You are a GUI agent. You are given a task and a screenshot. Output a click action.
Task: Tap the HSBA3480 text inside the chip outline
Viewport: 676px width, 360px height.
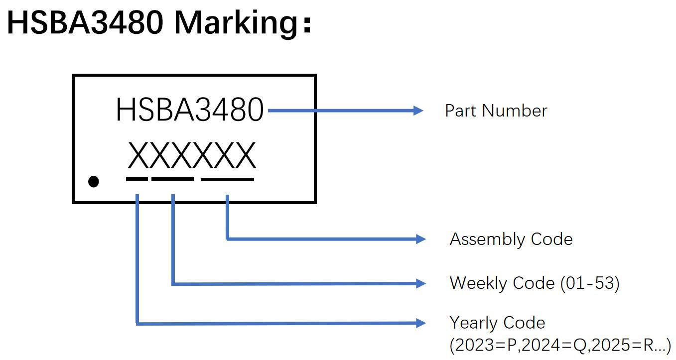(x=190, y=110)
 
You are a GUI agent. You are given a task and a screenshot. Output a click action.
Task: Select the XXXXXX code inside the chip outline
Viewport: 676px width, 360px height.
(x=192, y=155)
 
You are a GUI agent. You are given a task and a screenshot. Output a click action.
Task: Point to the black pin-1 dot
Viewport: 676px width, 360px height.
(x=93, y=182)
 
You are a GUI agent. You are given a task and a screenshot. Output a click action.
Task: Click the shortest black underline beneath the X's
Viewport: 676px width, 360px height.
(x=137, y=179)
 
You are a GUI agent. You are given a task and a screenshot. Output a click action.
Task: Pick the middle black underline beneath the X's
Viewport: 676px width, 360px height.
(x=172, y=179)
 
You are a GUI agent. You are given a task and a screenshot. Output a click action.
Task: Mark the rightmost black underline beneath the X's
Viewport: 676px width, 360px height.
(x=228, y=179)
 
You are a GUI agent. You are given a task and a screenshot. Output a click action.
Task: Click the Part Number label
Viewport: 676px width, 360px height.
(x=496, y=111)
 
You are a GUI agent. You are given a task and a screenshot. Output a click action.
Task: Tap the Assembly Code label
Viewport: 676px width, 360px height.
(x=511, y=240)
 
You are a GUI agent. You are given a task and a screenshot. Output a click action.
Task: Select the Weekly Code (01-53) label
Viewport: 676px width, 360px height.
(x=535, y=283)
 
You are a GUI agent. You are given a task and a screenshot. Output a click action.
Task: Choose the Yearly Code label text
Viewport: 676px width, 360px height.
(x=497, y=323)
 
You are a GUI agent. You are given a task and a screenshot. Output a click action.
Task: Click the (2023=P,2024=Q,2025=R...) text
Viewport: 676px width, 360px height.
(x=560, y=345)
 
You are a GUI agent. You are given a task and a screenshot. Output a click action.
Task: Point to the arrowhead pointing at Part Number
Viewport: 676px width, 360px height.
(x=418, y=111)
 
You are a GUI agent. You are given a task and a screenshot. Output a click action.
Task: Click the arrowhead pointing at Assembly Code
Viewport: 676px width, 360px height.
(x=420, y=240)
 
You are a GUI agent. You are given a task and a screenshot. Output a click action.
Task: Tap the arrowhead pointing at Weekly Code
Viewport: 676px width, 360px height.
(x=420, y=283)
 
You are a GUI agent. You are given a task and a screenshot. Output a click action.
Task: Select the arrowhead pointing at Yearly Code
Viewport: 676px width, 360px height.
(x=420, y=323)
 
